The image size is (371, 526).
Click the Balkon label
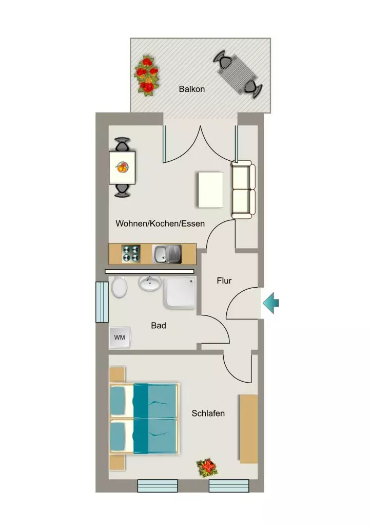tap(192, 89)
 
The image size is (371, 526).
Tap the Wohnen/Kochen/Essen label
tap(160, 223)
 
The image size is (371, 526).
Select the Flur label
tap(224, 280)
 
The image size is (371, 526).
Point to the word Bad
tap(159, 325)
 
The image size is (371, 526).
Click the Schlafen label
tap(208, 414)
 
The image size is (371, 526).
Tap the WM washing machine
tap(120, 337)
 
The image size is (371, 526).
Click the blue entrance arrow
tap(271, 303)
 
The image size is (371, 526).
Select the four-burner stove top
tap(131, 254)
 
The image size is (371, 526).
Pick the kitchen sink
tap(167, 254)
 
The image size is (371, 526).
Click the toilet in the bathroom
tap(119, 287)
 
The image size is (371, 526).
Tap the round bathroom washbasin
tap(150, 284)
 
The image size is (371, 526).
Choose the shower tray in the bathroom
tap(180, 292)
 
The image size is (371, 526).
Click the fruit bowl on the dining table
tap(122, 167)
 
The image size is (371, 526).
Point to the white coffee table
tap(211, 190)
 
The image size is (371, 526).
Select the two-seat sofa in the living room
tap(243, 190)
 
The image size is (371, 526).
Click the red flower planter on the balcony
tap(147, 76)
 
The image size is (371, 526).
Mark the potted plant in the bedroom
tap(207, 467)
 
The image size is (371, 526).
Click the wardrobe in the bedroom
tap(249, 429)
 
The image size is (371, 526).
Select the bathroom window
tap(102, 302)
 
